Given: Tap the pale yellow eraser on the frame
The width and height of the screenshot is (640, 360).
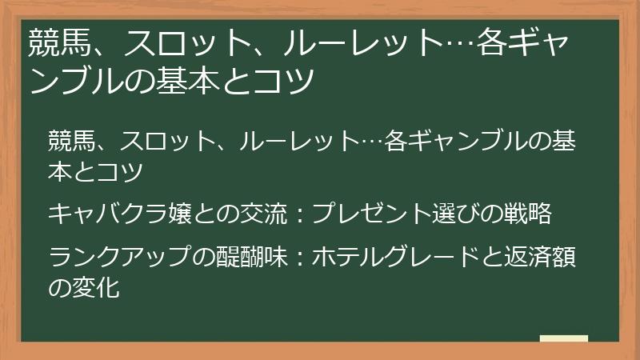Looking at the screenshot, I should pos(564,338).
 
